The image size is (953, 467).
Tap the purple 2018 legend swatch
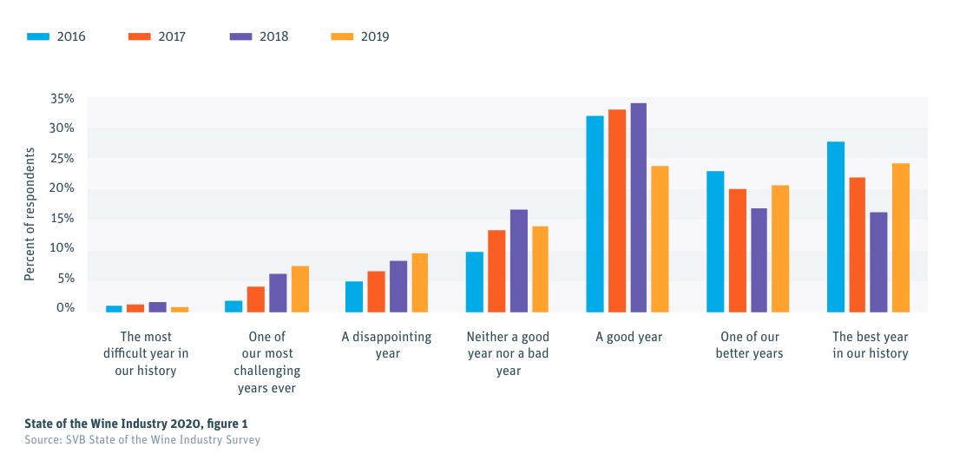tap(240, 36)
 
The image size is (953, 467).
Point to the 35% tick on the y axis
tap(62, 99)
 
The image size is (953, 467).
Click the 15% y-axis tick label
tap(62, 219)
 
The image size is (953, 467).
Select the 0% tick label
tap(65, 308)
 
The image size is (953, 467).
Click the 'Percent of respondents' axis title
tap(30, 214)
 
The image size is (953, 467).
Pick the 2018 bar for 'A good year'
tap(638, 207)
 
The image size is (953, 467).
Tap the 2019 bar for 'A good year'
tap(660, 239)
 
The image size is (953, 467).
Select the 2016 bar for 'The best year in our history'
tap(836, 227)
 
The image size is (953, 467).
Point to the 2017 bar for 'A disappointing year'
tap(376, 292)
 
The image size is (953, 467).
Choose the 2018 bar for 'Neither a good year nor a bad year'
tap(518, 260)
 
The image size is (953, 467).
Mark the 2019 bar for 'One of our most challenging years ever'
tap(299, 289)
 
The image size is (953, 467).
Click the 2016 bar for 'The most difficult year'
tap(114, 308)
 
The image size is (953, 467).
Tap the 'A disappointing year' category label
tap(386, 345)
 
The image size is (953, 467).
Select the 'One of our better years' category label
tap(749, 345)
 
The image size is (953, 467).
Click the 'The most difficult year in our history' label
tap(146, 353)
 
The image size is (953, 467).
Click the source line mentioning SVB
tap(141, 440)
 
